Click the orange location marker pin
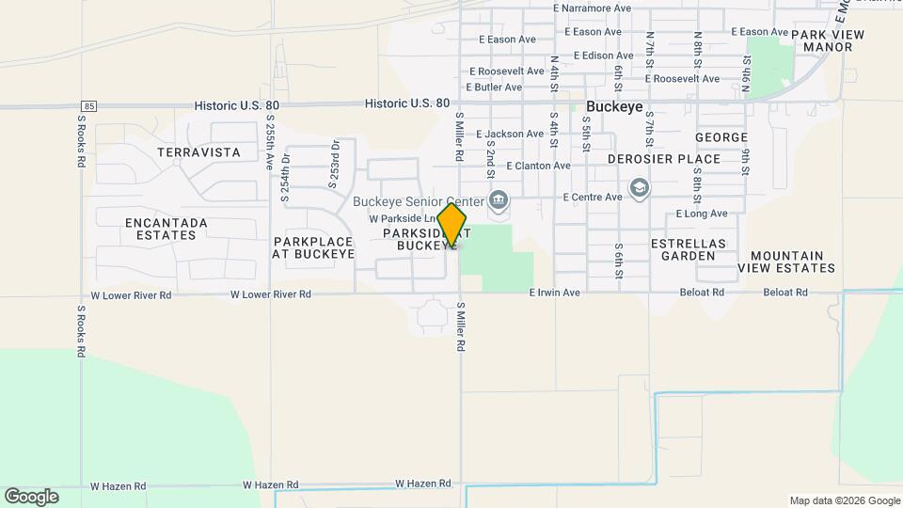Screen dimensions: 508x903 tap(452, 226)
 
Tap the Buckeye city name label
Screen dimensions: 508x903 tap(614, 107)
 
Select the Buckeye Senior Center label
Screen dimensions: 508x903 tap(418, 201)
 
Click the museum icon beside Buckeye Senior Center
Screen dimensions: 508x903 tap(498, 199)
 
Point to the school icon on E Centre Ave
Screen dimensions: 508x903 tap(640, 188)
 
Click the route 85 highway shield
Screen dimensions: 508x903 tap(88, 104)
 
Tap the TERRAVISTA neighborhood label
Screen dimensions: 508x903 tap(198, 152)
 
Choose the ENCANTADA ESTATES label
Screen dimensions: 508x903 tap(166, 229)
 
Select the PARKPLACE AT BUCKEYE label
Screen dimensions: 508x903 tap(313, 247)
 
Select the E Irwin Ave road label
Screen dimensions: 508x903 tap(554, 294)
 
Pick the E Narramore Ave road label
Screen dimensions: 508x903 tap(592, 8)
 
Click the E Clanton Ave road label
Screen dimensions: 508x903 tap(538, 166)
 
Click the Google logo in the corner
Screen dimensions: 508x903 tap(32, 496)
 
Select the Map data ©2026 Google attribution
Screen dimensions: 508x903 tap(845, 500)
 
